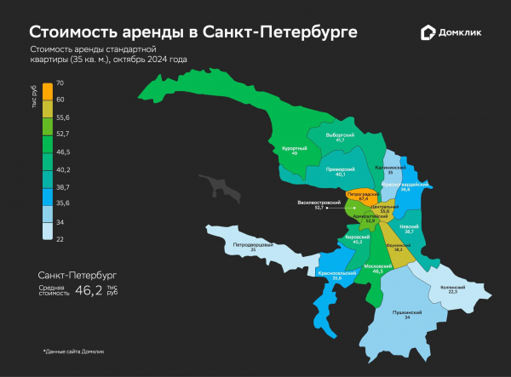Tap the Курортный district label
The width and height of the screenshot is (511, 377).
tap(294, 150)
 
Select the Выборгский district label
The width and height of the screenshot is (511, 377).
tap(340, 136)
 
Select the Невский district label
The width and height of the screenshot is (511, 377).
tap(410, 228)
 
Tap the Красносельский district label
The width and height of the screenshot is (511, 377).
tap(336, 275)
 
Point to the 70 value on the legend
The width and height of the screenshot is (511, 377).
tap(60, 83)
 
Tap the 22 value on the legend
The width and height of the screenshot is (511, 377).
tap(60, 239)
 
